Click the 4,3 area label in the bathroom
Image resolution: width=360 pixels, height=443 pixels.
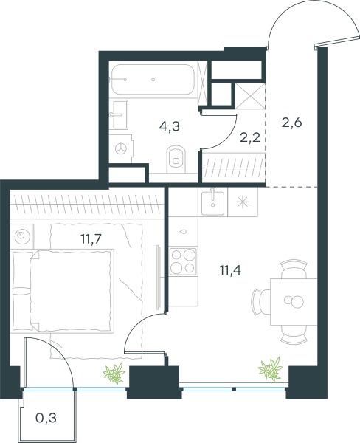(x=170, y=126)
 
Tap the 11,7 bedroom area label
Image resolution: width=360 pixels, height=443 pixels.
(x=91, y=239)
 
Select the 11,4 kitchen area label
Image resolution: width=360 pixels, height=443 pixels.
(x=230, y=270)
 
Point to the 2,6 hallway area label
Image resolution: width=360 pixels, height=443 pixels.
(x=292, y=123)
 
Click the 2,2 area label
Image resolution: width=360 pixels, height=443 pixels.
(x=250, y=137)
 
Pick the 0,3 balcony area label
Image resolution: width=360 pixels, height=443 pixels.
(x=46, y=418)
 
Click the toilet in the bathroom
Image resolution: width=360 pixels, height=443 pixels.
(x=176, y=159)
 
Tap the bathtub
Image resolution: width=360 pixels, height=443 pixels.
(x=153, y=80)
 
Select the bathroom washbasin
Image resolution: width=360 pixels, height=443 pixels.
(x=119, y=114)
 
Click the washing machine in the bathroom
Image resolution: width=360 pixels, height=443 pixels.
(x=121, y=148)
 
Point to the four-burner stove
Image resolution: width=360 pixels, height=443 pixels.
(x=183, y=261)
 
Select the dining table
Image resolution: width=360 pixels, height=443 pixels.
(x=294, y=302)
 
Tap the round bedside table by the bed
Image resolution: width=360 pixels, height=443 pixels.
(x=23, y=236)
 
